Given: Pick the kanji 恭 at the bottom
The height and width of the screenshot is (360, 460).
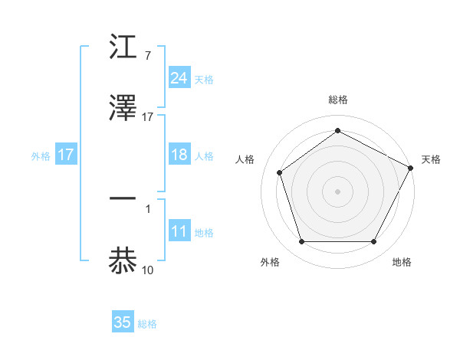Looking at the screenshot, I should [123, 260].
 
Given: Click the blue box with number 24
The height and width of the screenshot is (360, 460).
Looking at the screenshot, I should [179, 78].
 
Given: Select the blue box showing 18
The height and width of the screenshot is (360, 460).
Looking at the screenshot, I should [179, 155].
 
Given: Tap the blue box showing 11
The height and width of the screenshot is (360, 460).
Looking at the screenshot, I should [179, 232].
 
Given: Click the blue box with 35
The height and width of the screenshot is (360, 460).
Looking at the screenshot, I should [123, 322].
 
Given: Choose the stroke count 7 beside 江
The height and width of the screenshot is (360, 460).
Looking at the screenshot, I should [147, 56].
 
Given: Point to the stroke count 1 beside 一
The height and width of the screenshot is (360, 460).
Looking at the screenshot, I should [147, 208].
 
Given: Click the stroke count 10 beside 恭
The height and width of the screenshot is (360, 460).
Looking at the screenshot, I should [147, 269].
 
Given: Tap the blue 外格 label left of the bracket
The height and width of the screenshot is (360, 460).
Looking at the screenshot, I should [41, 155].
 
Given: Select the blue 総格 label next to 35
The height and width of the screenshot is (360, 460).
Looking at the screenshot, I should [147, 324].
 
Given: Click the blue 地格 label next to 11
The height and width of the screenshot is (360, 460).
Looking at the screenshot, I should [204, 233].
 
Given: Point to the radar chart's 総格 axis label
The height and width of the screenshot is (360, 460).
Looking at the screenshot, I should [337, 100].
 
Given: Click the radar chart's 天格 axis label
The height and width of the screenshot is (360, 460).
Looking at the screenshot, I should [431, 159].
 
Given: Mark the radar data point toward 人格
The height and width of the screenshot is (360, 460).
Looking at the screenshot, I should [280, 172].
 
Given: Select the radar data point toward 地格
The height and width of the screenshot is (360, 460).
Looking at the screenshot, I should [373, 242].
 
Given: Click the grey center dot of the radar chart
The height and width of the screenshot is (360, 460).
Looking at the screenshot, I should [337, 191].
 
